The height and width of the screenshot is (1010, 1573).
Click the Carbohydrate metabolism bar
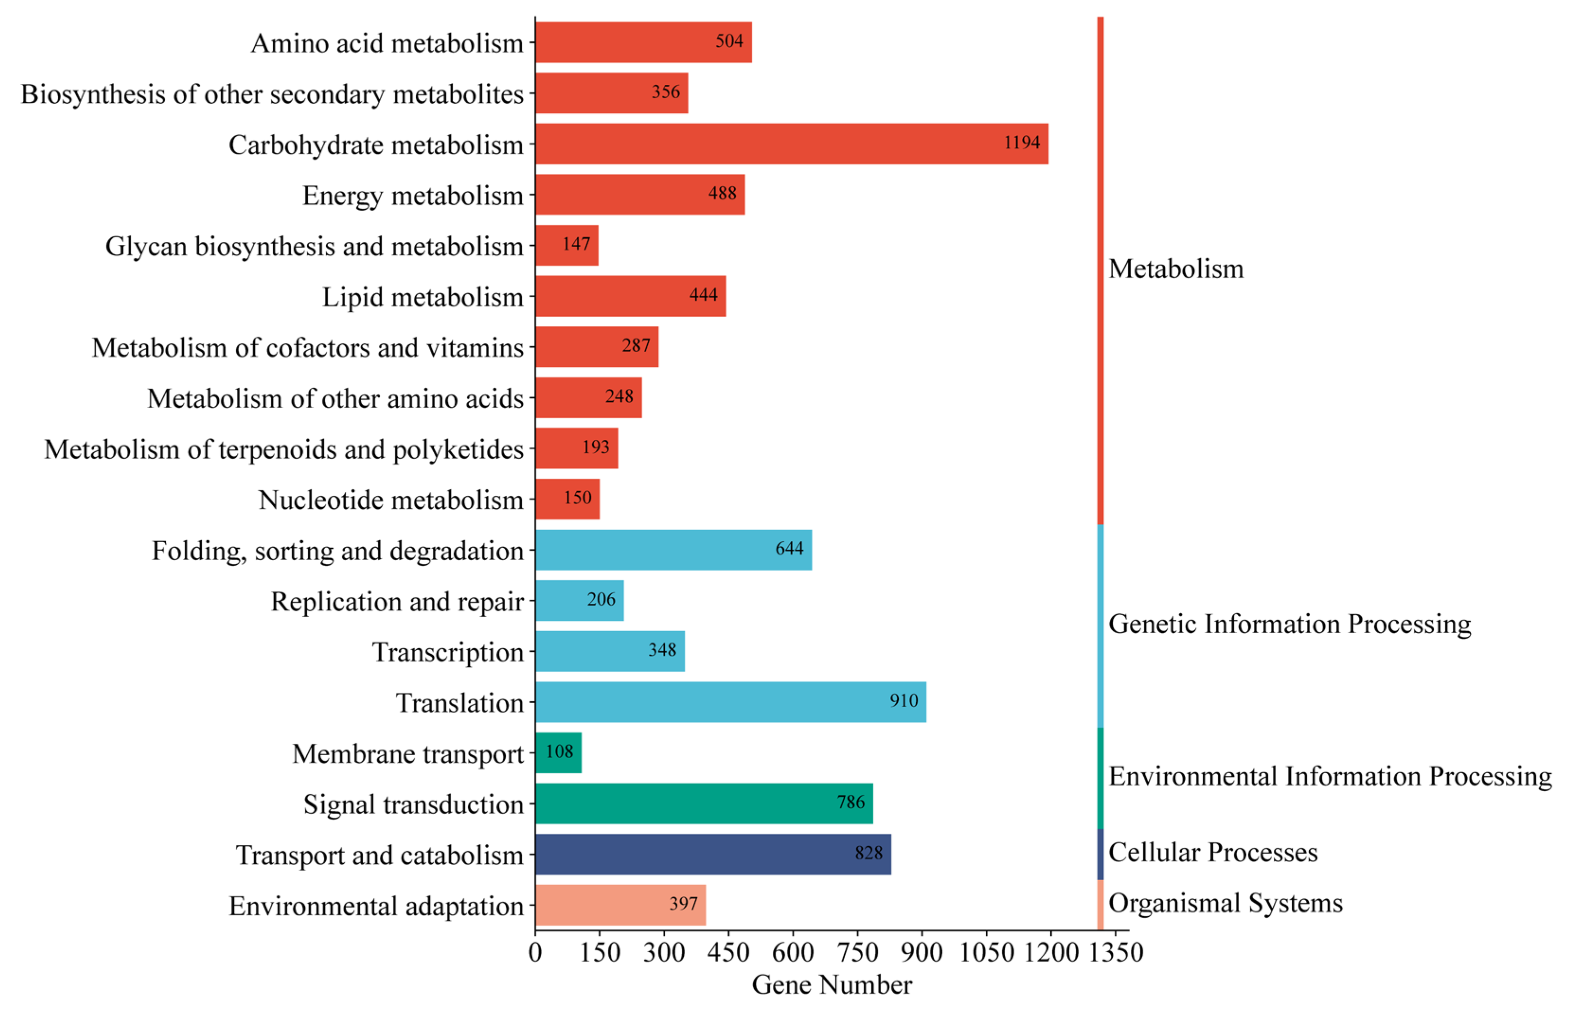(791, 143)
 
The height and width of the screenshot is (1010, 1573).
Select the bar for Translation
(731, 702)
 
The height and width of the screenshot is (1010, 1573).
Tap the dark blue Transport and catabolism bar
(713, 854)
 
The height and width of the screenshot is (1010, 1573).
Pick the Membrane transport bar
(558, 752)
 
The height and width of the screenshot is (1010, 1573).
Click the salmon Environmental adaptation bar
(620, 904)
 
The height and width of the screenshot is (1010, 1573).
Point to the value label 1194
(1021, 143)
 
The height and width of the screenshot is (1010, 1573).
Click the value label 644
(789, 549)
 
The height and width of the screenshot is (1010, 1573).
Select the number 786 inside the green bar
(850, 803)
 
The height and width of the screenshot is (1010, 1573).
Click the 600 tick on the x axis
(792, 952)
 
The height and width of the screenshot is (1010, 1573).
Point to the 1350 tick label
(1115, 952)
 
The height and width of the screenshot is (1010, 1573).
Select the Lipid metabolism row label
(422, 297)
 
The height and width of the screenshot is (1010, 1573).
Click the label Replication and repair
(397, 601)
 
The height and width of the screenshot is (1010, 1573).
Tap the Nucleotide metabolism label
(391, 500)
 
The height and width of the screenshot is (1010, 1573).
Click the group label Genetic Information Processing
(1289, 624)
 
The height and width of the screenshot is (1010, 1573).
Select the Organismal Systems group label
(1225, 903)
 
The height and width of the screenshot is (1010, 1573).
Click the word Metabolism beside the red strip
(1176, 269)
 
